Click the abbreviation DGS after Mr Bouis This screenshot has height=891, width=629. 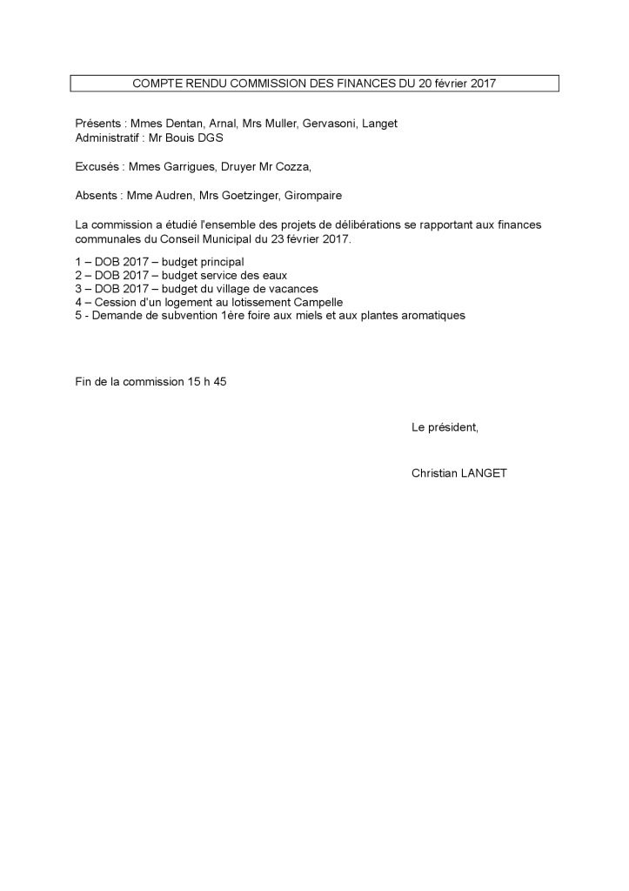pos(211,137)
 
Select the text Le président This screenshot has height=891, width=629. pos(445,427)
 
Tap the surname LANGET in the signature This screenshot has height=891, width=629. pos(483,473)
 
